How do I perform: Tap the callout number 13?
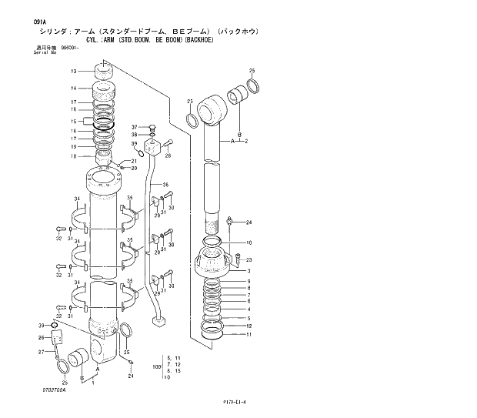[x=74, y=71]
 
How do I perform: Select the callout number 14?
[x=74, y=89]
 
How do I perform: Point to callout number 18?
[x=74, y=156]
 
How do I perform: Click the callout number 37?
[x=134, y=127]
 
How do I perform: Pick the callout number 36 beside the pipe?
[x=165, y=186]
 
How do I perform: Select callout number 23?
[x=249, y=260]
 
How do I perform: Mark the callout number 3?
[x=248, y=270]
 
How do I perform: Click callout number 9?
[x=248, y=282]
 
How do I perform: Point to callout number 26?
[x=42, y=337]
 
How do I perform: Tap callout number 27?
[x=42, y=352]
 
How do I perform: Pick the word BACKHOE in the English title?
[x=196, y=39]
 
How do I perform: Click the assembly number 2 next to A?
[x=246, y=142]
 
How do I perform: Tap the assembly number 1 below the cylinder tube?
[x=92, y=383]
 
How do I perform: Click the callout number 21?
[x=134, y=160]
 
